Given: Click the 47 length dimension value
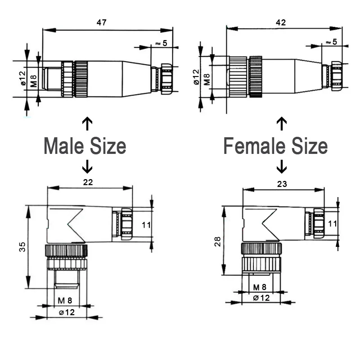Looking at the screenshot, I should pyautogui.click(x=102, y=22).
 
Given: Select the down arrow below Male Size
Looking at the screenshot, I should pyautogui.click(x=87, y=167).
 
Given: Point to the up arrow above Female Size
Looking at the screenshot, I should pyautogui.click(x=282, y=123).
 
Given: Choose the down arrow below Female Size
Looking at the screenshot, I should pyautogui.click(x=282, y=167).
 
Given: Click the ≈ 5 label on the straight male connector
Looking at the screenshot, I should pyautogui.click(x=161, y=43).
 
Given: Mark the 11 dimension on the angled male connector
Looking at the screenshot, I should pyautogui.click(x=146, y=225).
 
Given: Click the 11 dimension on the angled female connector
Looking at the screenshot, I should pyautogui.click(x=332, y=223).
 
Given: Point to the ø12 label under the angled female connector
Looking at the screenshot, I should pyautogui.click(x=261, y=297).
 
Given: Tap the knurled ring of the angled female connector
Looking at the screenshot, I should pyautogui.click(x=261, y=248).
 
